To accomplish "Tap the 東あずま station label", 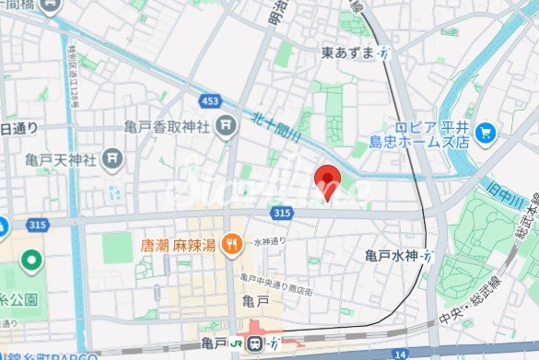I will pos(349,53).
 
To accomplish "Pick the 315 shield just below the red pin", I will pos(283,214).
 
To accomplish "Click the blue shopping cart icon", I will pos(486,134).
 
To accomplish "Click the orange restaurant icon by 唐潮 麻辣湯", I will pos(234,247).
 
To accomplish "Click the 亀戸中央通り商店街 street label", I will pos(276,284).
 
